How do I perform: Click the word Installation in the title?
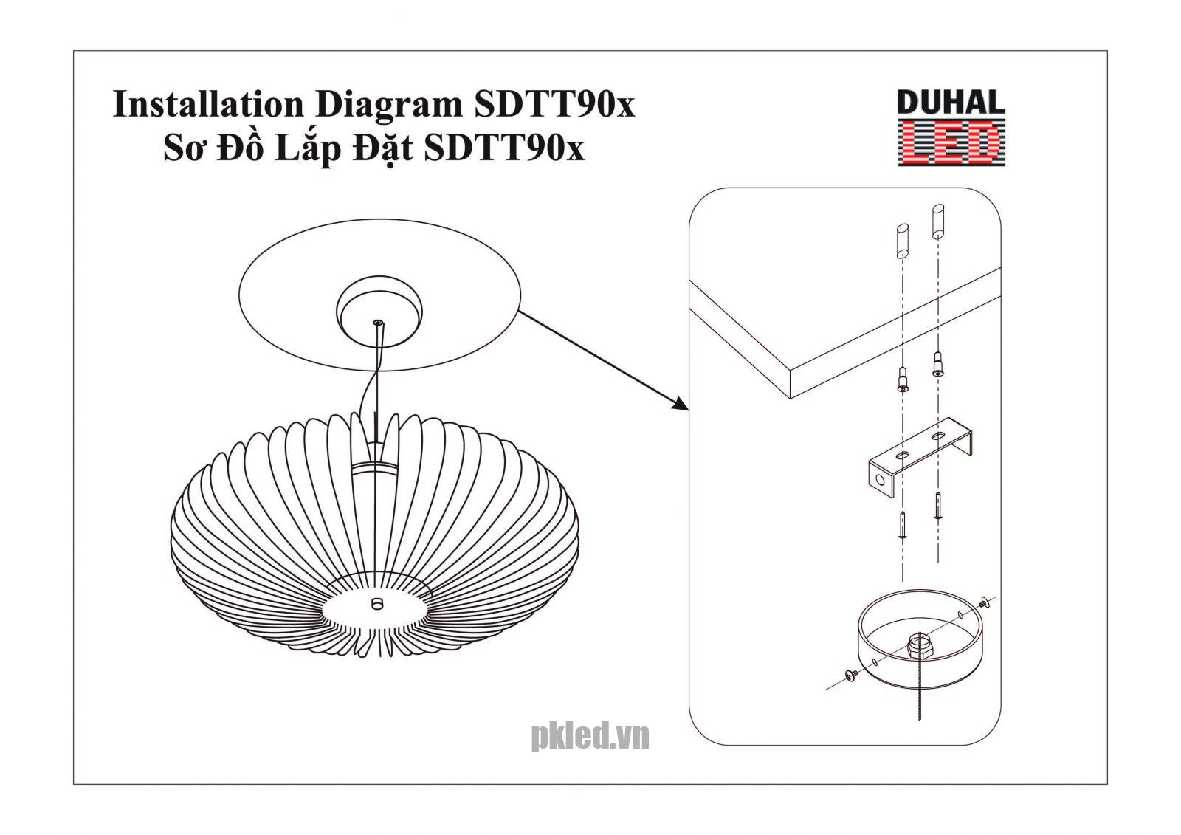[x=207, y=105]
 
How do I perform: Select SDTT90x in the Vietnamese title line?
[x=504, y=148]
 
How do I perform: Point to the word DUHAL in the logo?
[x=950, y=103]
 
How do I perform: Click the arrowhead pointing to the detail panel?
[x=680, y=403]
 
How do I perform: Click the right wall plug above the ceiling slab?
[x=938, y=221]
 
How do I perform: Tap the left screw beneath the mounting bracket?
[x=902, y=525]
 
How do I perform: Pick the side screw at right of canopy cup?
[x=982, y=605]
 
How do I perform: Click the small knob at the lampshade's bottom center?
[x=377, y=602]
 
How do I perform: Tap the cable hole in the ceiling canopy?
[x=377, y=323]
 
